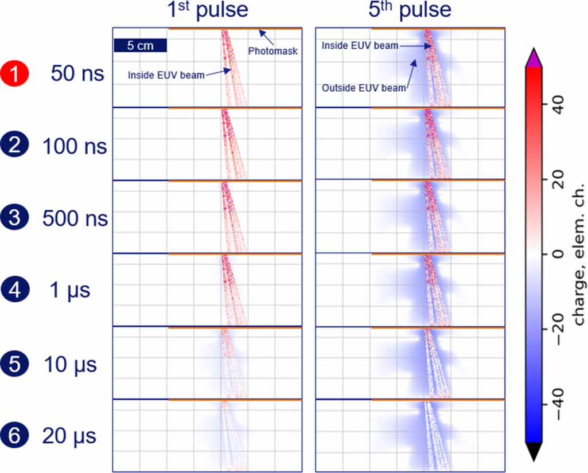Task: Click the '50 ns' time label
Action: (x=77, y=74)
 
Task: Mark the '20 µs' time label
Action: (x=69, y=436)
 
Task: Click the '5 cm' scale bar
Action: (x=140, y=45)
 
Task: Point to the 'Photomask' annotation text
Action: (x=273, y=51)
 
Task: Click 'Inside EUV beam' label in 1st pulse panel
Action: (x=166, y=75)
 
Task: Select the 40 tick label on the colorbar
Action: (x=559, y=107)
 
